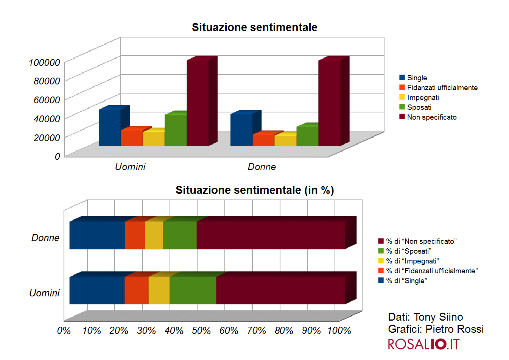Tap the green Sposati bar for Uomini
176,130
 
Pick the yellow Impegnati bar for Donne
285,140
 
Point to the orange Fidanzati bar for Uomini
132,138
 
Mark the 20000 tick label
47,138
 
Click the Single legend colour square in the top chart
402,78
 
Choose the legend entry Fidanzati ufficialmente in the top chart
442,87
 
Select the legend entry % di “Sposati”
408,251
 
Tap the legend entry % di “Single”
406,281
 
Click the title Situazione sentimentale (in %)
255,190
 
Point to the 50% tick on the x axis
201,331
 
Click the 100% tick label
339,331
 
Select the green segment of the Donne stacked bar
180,235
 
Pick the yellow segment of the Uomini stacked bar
159,290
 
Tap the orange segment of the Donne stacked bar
135,235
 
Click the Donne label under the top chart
262,167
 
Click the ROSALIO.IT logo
423,344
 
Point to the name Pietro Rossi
455,329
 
